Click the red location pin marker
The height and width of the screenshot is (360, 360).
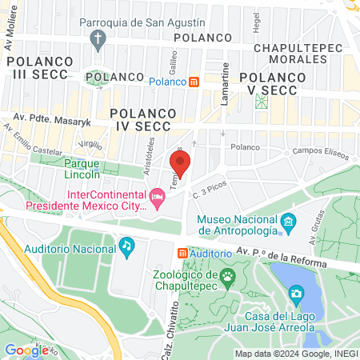point(180,164)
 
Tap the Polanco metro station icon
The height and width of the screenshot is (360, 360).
point(194,82)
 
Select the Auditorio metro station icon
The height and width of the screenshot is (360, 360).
point(182,253)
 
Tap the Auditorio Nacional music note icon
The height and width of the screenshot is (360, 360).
point(126,245)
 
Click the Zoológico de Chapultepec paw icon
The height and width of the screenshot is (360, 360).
point(229,278)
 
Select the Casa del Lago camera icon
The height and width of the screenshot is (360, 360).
point(296,294)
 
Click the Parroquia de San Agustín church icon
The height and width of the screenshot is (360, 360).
point(98,38)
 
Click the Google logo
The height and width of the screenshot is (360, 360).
point(26,350)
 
